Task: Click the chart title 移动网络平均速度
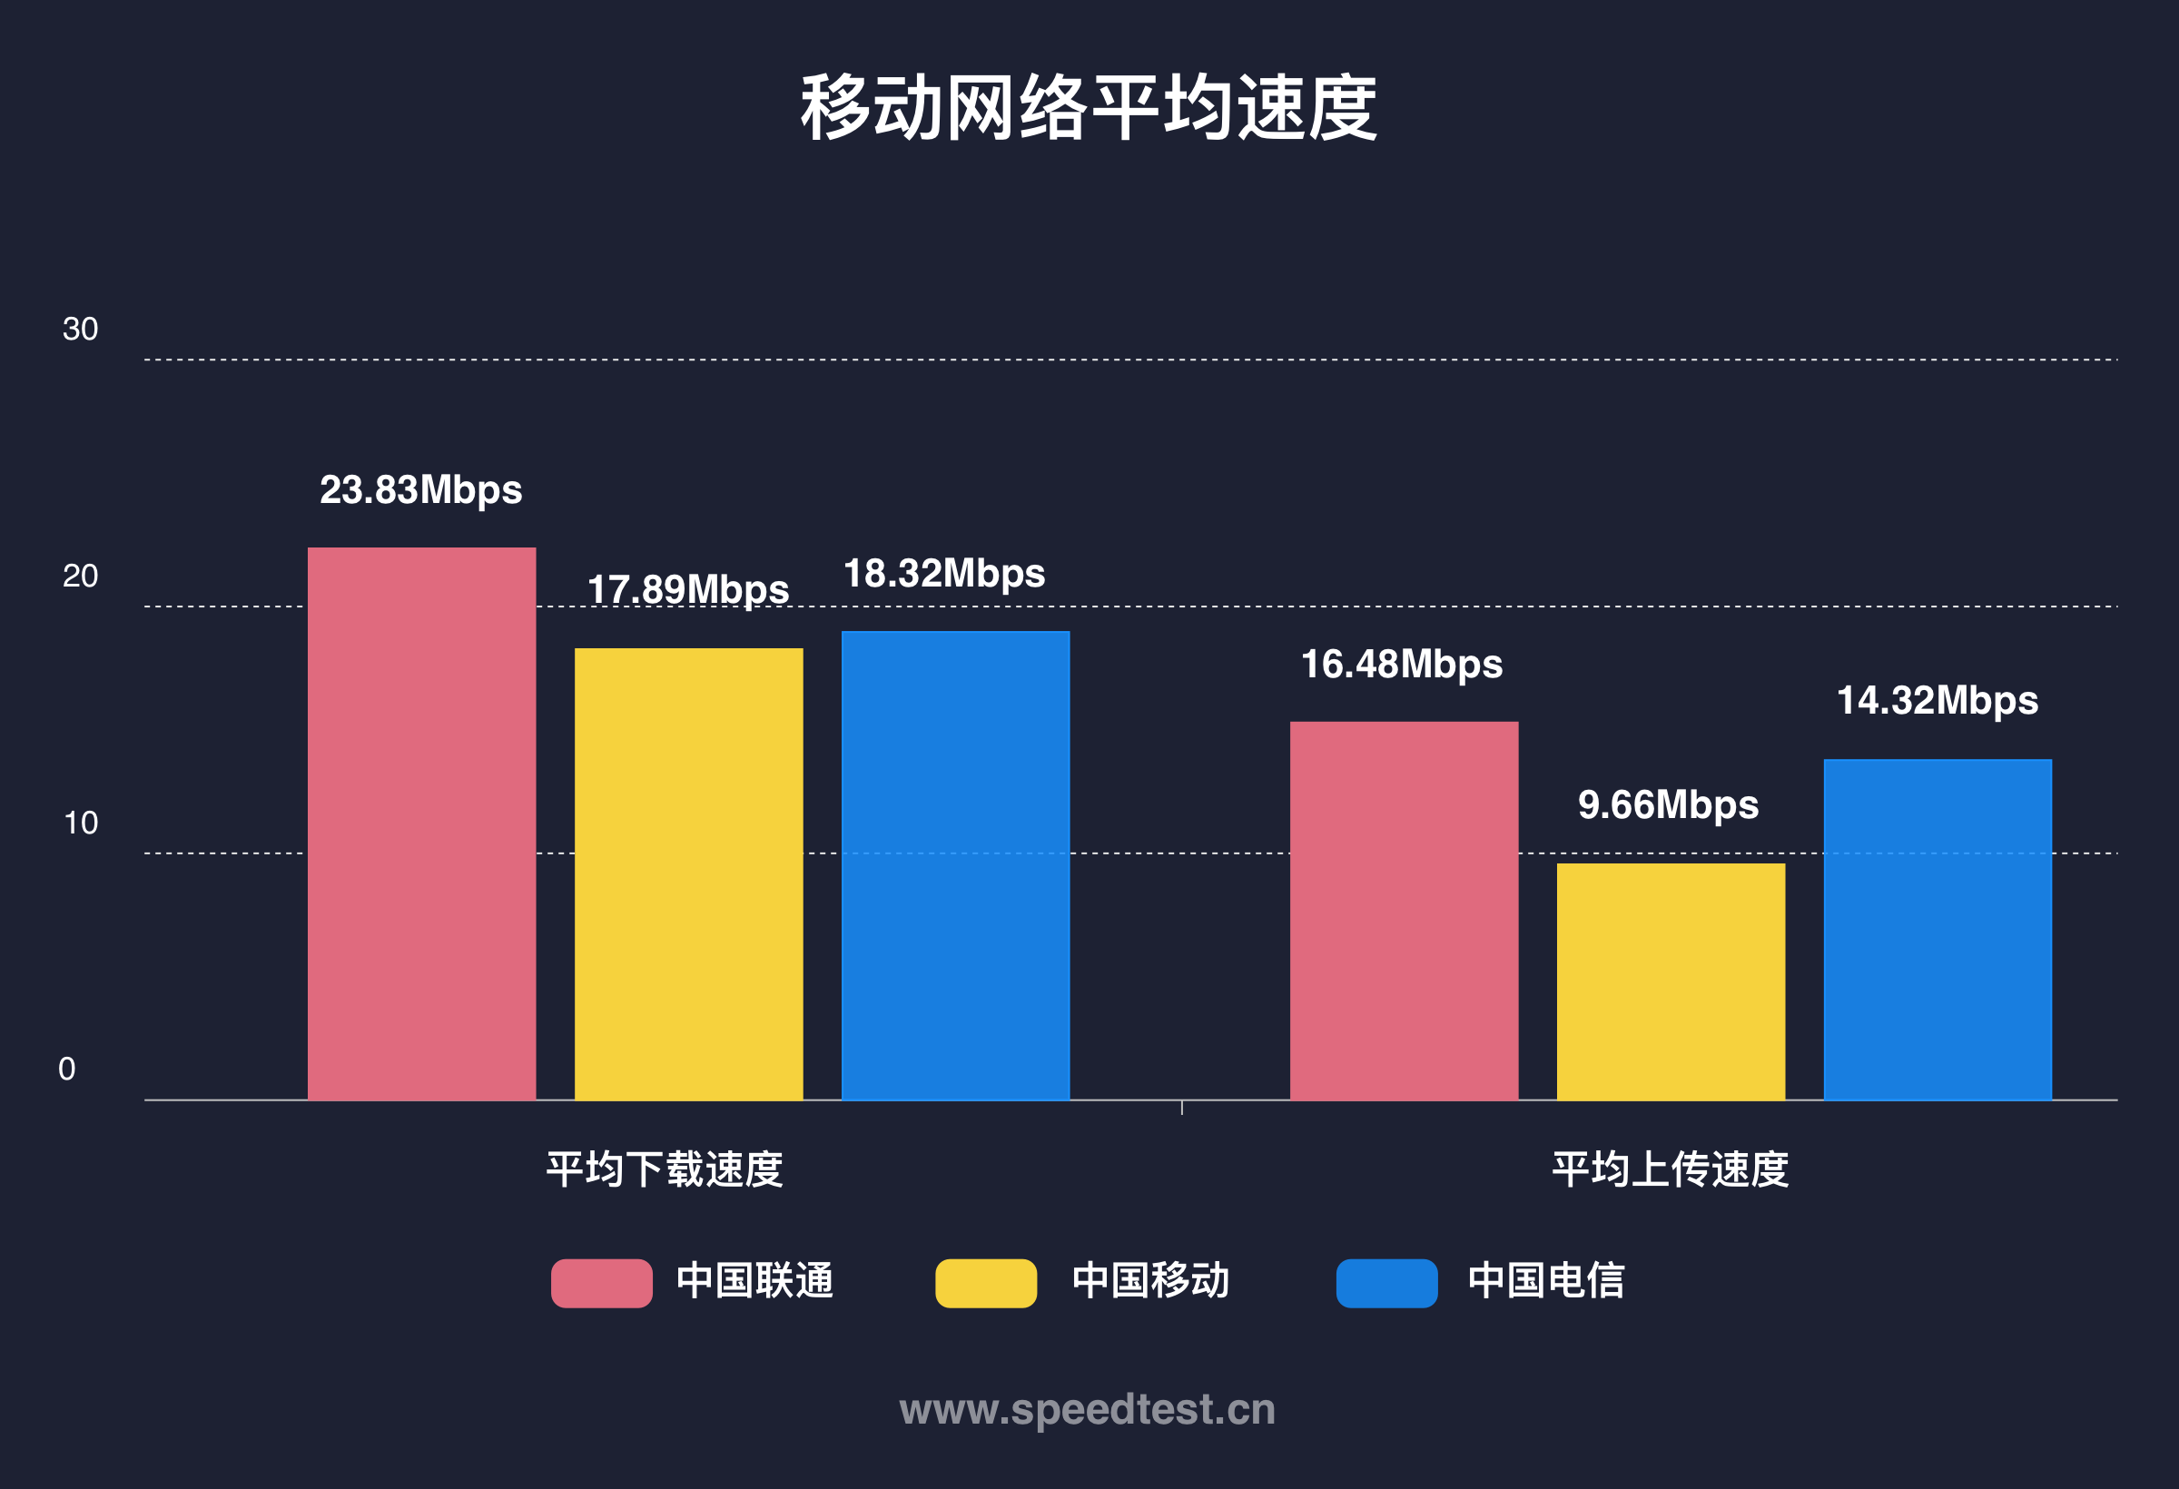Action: tap(1089, 108)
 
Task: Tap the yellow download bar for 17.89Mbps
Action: tap(688, 874)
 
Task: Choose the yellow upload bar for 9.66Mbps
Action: tap(1671, 981)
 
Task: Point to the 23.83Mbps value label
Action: tap(421, 489)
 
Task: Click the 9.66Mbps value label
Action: tap(1668, 804)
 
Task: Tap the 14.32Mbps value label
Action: tap(1937, 700)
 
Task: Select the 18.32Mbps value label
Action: tap(944, 573)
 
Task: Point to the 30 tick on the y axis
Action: tap(80, 329)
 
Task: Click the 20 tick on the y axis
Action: tap(80, 576)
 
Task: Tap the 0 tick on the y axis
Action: tap(66, 1069)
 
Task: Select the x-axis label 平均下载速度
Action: tap(664, 1169)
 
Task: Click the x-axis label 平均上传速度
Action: tap(1670, 1169)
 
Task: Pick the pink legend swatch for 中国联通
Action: tap(601, 1283)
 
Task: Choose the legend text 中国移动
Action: tap(1150, 1281)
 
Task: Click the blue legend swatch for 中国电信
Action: tap(1385, 1283)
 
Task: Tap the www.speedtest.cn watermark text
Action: tap(1088, 1409)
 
